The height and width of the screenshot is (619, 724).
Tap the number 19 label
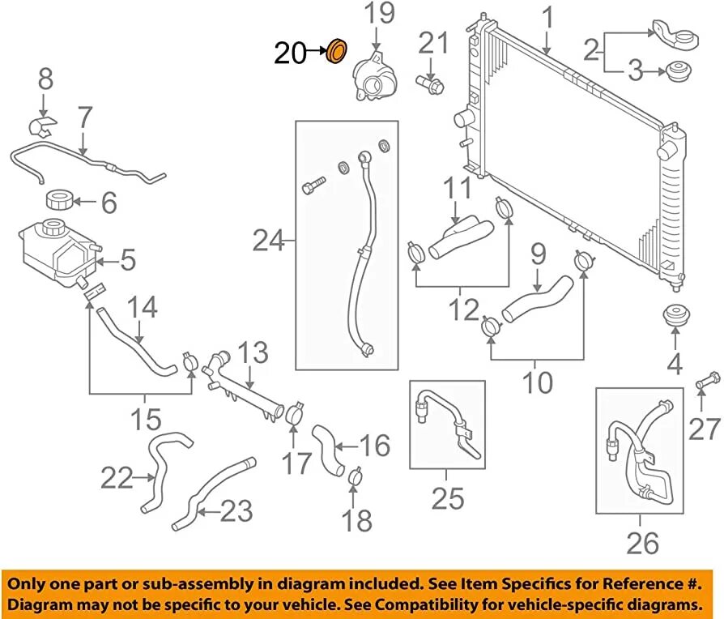[377, 14]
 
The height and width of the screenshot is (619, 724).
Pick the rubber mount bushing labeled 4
[673, 318]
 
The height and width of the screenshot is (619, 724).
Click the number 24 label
[268, 241]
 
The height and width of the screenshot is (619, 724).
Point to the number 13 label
[253, 353]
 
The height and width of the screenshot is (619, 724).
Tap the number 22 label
[117, 479]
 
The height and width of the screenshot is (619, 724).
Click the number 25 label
[447, 497]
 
